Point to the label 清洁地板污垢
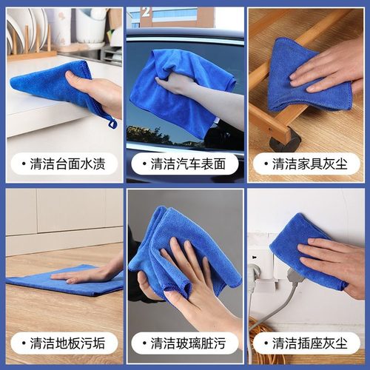click(68, 343)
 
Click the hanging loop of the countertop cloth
click(112, 121)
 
